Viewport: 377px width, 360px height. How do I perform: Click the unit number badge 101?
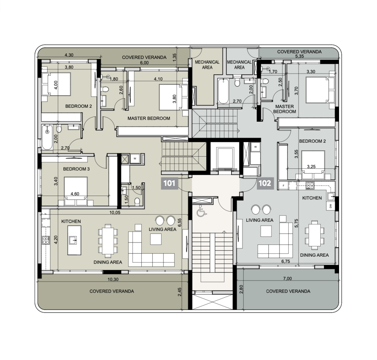(169, 183)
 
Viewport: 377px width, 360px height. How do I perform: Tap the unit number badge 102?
(265, 183)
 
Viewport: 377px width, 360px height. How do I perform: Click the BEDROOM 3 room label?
(76, 169)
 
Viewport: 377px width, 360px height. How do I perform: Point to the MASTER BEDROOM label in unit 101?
(149, 118)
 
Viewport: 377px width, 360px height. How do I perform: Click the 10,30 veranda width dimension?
(113, 279)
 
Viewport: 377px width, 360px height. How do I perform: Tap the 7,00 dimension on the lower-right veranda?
(287, 279)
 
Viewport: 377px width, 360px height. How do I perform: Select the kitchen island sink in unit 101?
(74, 240)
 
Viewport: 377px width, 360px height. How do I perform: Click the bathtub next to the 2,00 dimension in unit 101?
(47, 137)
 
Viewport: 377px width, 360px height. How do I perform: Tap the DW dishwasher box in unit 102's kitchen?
(331, 206)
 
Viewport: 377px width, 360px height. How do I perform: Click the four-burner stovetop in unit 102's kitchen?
(310, 185)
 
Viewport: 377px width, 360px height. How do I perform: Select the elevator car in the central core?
(225, 158)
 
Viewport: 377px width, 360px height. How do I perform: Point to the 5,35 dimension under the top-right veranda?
(299, 56)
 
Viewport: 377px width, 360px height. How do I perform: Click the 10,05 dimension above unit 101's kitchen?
(115, 213)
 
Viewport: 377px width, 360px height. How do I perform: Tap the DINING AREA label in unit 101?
(108, 262)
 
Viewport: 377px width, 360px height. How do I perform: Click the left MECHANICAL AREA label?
(207, 65)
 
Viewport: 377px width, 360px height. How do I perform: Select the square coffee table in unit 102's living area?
(266, 231)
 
